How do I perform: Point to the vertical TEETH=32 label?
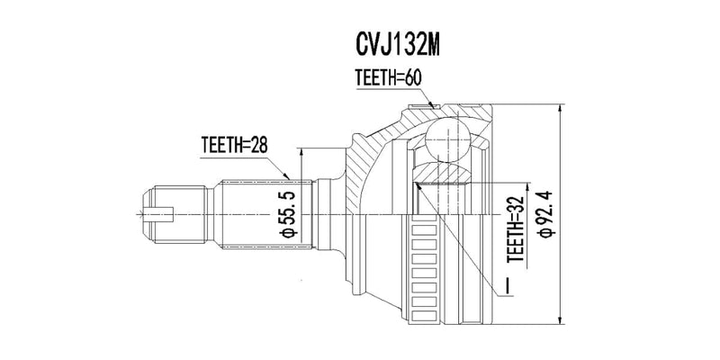pyautogui.click(x=516, y=229)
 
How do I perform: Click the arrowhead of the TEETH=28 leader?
pyautogui.click(x=289, y=177)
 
